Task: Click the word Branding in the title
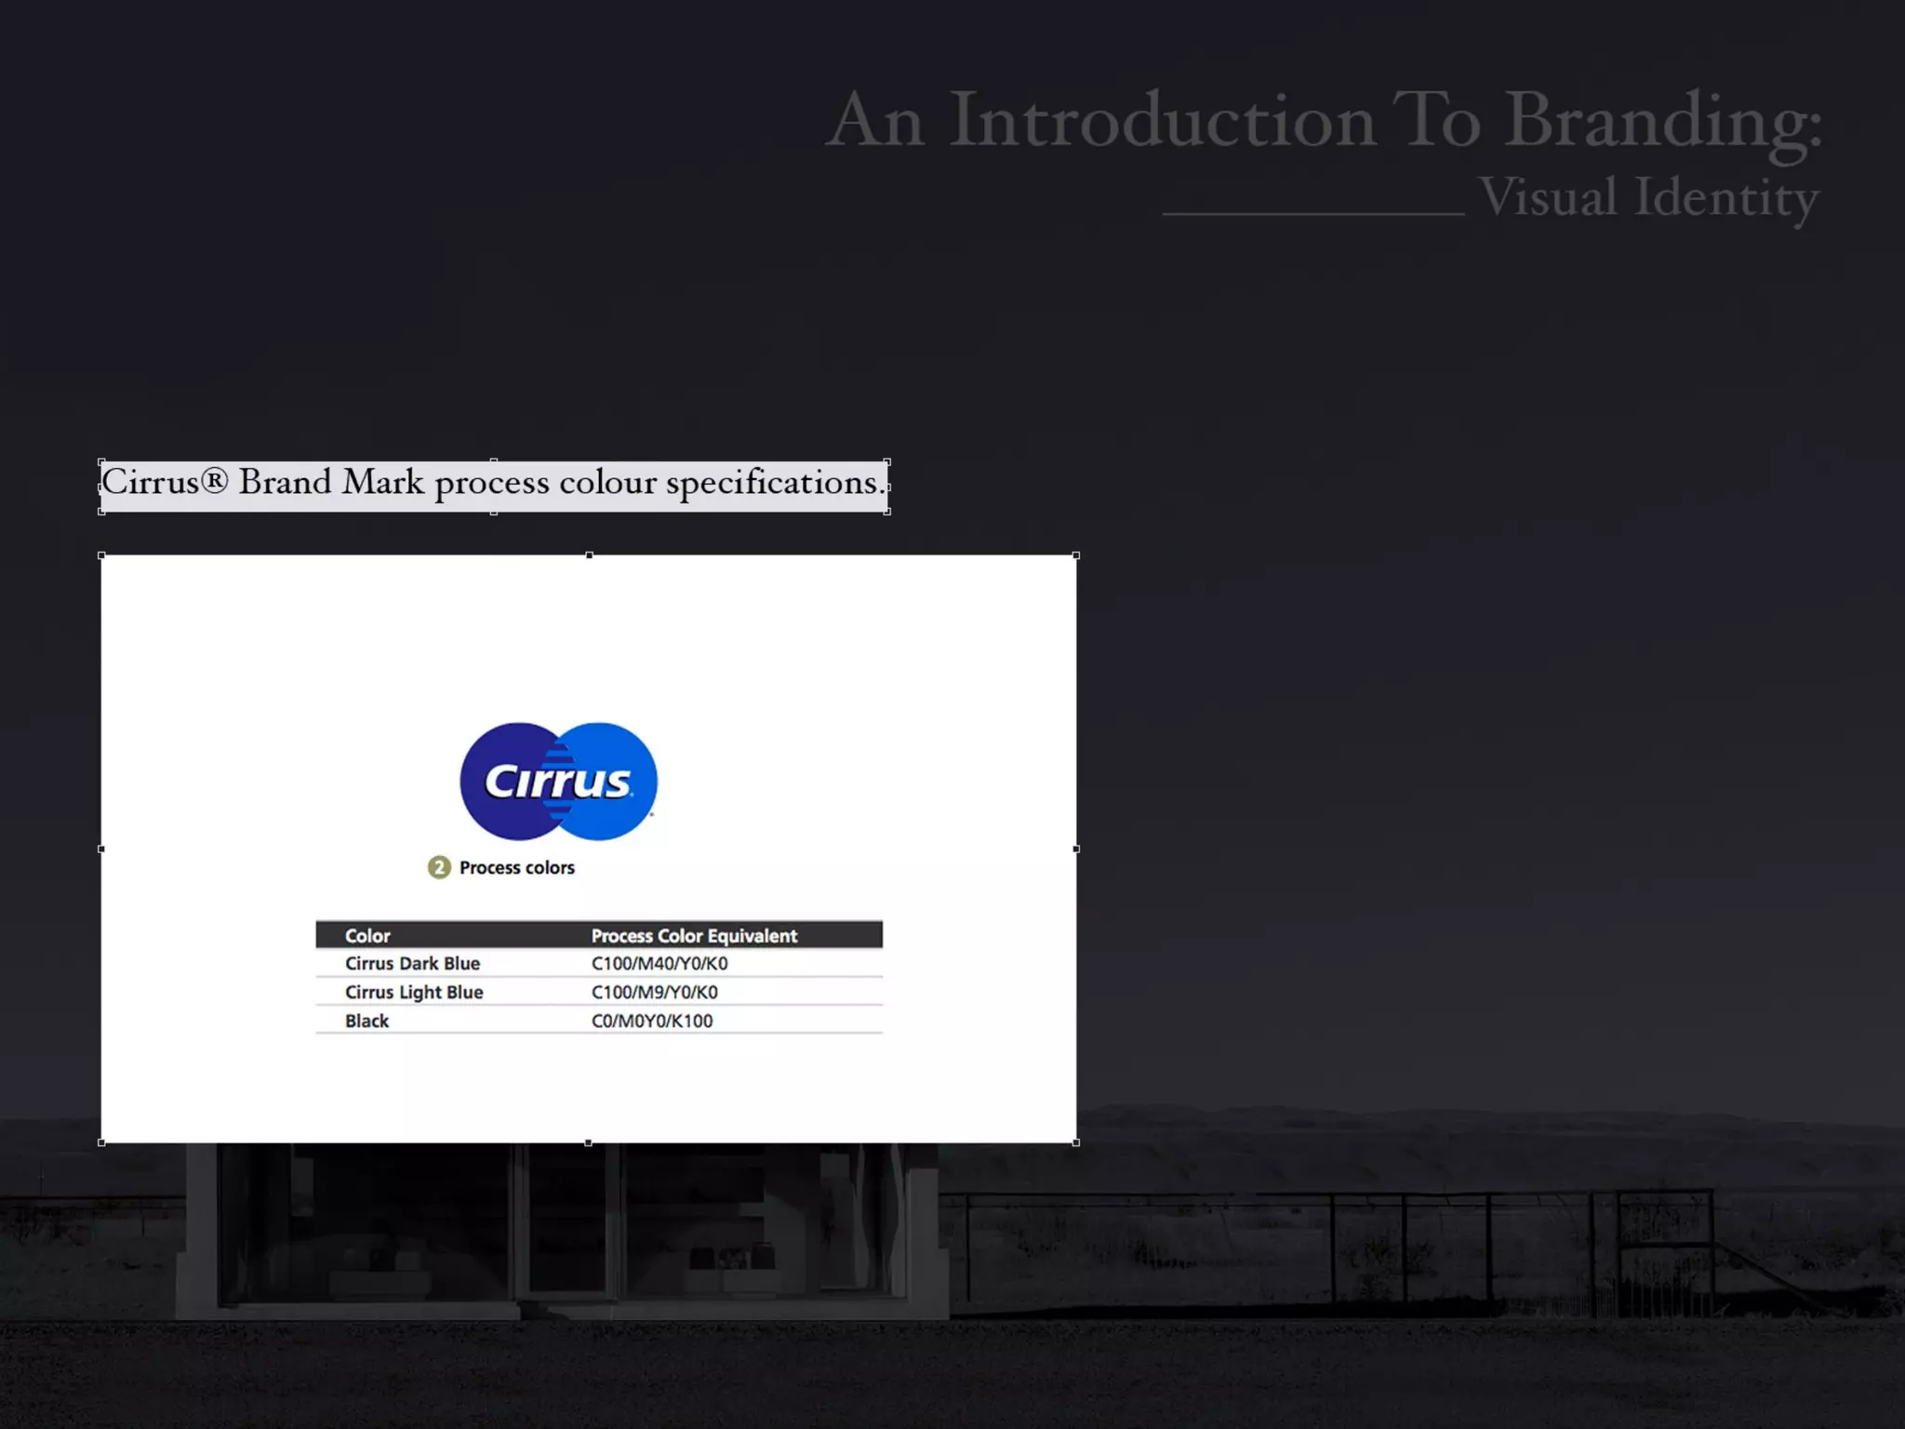[1663, 121]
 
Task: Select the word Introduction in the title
[1163, 121]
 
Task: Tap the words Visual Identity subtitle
[1648, 197]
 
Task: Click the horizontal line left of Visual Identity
[1313, 214]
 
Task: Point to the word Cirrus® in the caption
[164, 483]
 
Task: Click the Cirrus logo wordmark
[558, 781]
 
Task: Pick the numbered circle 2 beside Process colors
[439, 868]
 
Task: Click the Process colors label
[517, 868]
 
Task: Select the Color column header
[367, 936]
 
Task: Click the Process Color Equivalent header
[694, 936]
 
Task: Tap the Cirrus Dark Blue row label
[412, 964]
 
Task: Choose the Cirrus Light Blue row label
[414, 993]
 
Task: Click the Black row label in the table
[366, 1022]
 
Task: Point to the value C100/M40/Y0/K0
[659, 964]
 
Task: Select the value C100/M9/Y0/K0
[654, 993]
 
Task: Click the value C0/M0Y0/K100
[652, 1022]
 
